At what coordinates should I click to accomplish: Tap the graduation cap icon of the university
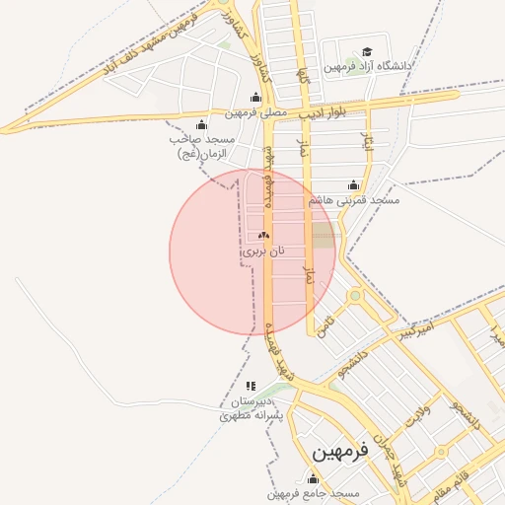(x=367, y=51)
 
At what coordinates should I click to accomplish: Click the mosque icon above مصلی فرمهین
(x=256, y=97)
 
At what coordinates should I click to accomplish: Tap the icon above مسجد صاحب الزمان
(x=202, y=124)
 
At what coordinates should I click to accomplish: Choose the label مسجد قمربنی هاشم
(x=354, y=200)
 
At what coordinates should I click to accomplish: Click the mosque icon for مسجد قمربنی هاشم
(x=354, y=184)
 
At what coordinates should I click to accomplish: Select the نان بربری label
(x=263, y=252)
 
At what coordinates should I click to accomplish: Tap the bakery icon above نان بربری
(x=263, y=236)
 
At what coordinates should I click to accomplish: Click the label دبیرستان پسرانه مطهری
(x=252, y=409)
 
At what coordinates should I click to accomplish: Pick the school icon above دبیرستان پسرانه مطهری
(x=251, y=386)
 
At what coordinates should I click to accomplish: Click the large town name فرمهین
(x=339, y=451)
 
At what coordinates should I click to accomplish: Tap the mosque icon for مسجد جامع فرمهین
(x=315, y=478)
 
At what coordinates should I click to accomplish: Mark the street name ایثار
(x=369, y=145)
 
